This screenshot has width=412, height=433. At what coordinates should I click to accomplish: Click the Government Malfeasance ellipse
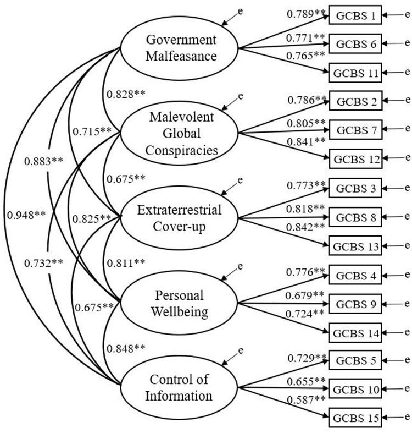[x=180, y=48]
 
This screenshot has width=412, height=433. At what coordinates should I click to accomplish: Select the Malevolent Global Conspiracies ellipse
[x=180, y=133]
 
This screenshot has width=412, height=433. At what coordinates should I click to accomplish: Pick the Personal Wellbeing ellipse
[x=180, y=304]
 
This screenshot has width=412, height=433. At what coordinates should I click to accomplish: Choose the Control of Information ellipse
[x=180, y=388]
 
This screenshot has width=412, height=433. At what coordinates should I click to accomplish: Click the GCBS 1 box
[x=355, y=16]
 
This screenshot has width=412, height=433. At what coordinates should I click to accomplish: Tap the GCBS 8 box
[x=355, y=217]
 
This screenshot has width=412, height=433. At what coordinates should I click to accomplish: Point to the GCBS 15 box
[x=355, y=418]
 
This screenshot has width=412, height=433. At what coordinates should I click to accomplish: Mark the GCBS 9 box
[x=355, y=303]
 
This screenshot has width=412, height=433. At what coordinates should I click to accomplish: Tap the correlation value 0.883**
[x=42, y=161]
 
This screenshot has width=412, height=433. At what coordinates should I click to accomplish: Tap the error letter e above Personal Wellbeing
[x=240, y=267]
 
